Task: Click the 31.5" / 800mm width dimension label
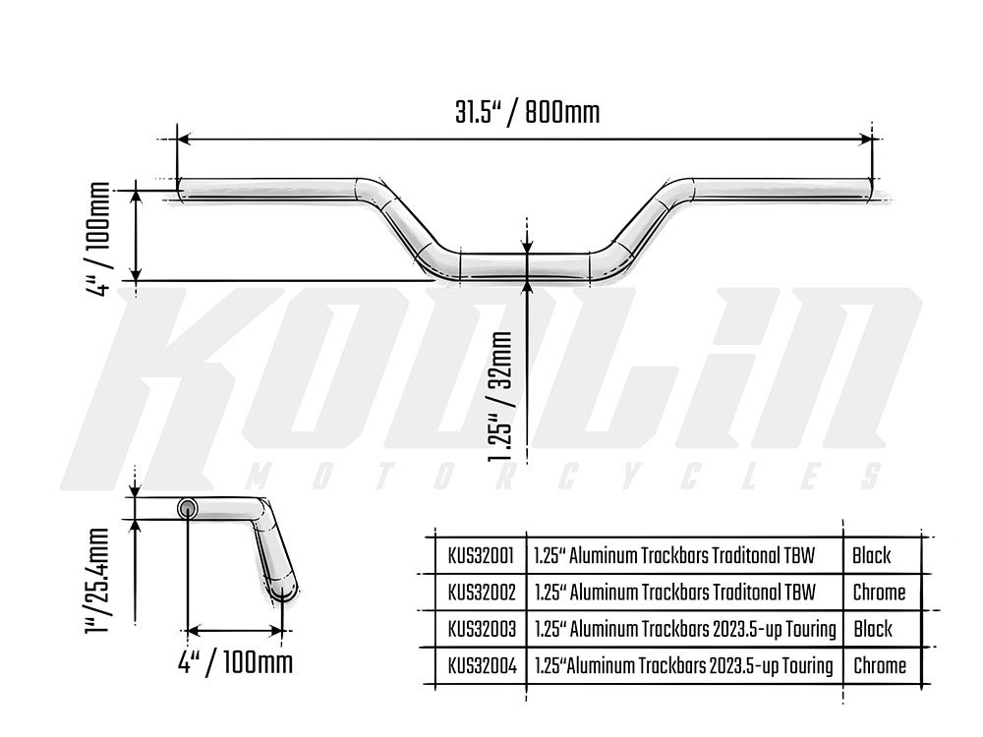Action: pyautogui.click(x=527, y=112)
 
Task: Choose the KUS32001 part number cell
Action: pyautogui.click(x=480, y=555)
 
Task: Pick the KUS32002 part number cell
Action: pyautogui.click(x=480, y=593)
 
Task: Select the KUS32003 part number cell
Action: pyautogui.click(x=480, y=629)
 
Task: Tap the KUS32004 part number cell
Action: pyautogui.click(x=480, y=666)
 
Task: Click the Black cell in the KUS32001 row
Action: pyautogui.click(x=872, y=555)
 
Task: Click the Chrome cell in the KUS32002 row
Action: pyautogui.click(x=879, y=593)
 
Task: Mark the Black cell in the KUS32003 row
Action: pyautogui.click(x=872, y=629)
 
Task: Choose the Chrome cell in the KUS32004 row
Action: pyautogui.click(x=879, y=666)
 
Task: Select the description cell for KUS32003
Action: pyautogui.click(x=684, y=629)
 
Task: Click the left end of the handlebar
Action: pyautogui.click(x=183, y=187)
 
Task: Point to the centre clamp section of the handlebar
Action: pyautogui.click(x=528, y=266)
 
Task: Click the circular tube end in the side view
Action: pyautogui.click(x=187, y=507)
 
